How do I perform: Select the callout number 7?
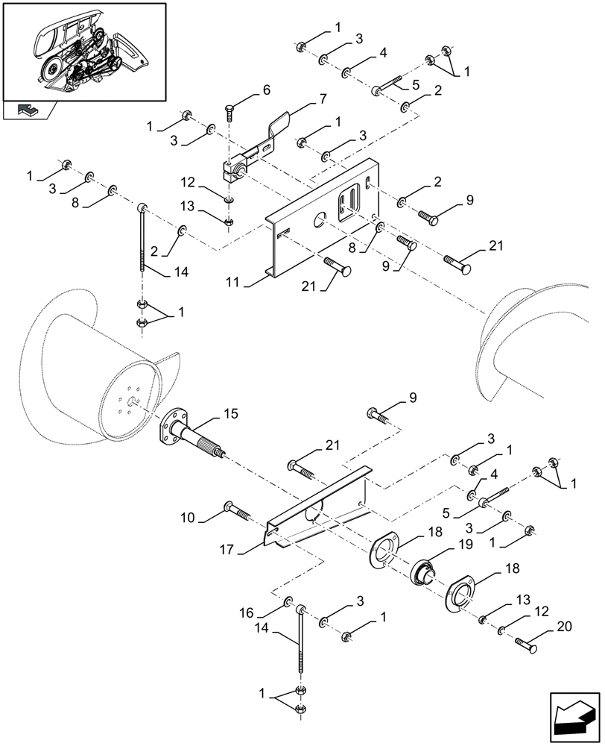302,98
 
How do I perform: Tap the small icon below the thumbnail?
28,110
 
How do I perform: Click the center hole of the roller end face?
130,404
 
